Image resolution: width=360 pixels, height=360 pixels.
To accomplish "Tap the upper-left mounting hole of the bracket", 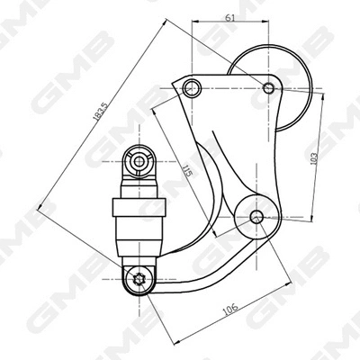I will click(191, 87).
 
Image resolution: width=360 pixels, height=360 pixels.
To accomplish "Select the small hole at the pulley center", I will click(268, 87).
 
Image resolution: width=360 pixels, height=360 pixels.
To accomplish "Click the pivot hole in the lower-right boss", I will click(257, 216).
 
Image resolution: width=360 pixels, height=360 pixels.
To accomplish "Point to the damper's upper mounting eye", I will click(139, 162).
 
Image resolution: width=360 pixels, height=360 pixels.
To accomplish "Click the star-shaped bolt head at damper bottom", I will click(139, 279).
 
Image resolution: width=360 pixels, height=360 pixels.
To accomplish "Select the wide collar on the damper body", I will click(139, 208).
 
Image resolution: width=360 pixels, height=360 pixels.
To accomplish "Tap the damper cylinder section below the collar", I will click(139, 237).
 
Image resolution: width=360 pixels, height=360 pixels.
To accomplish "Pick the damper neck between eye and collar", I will click(139, 188).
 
